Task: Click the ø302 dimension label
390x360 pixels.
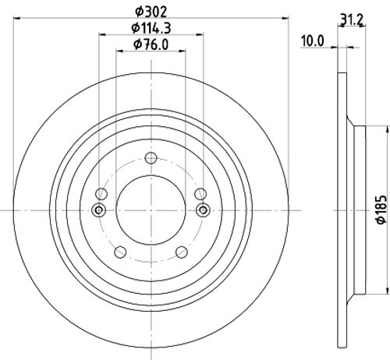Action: (152, 11)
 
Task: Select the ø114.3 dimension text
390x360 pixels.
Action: (152, 28)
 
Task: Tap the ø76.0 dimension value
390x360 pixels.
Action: (152, 44)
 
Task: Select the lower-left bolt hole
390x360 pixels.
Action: (119, 252)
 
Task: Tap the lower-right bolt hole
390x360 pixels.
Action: (183, 252)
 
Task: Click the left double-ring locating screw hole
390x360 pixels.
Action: (99, 210)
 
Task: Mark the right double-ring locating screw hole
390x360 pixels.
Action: (204, 210)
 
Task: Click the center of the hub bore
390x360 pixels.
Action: (151, 210)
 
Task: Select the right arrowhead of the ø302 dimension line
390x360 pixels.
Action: (286, 19)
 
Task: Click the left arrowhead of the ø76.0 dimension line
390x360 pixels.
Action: (119, 52)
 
